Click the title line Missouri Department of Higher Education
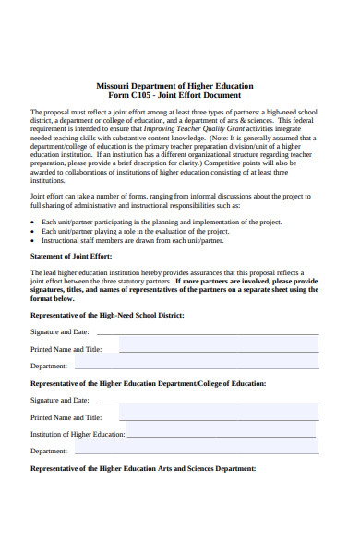(174, 85)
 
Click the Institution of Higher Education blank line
(222, 434)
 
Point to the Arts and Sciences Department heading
(143, 468)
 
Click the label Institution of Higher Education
(77, 434)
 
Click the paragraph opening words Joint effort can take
(65, 196)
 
